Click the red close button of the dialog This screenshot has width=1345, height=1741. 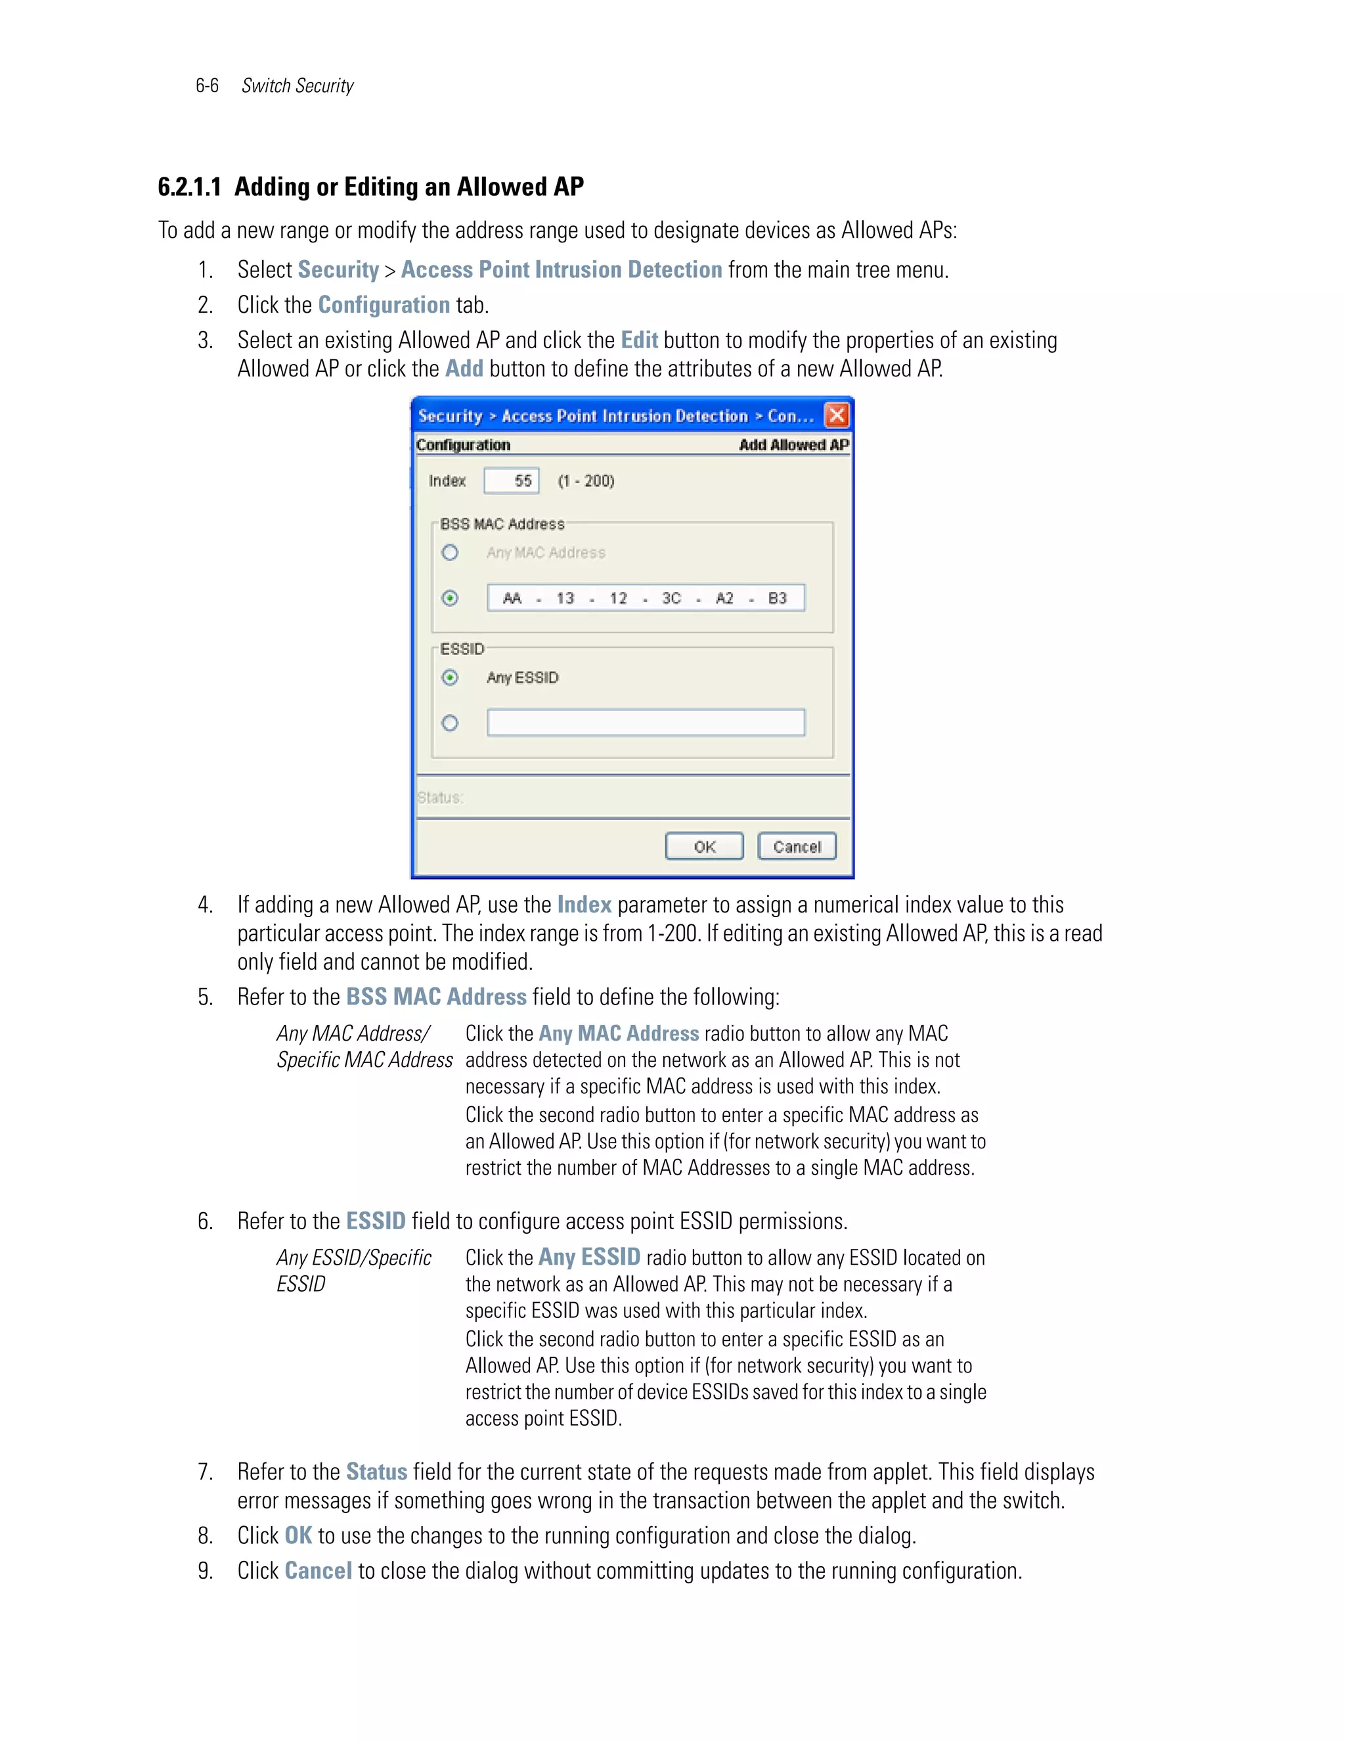pyautogui.click(x=836, y=415)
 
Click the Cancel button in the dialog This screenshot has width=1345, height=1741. pyautogui.click(x=796, y=847)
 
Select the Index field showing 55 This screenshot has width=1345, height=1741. pyautogui.click(x=512, y=481)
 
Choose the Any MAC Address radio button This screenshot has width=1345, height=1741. pyautogui.click(x=450, y=553)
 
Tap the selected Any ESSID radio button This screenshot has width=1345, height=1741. pyautogui.click(x=450, y=677)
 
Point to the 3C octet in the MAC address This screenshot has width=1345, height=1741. pyautogui.click(x=671, y=598)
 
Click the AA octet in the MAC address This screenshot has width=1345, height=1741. pyautogui.click(x=512, y=598)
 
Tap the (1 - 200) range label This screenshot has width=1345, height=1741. pyautogui.click(x=586, y=481)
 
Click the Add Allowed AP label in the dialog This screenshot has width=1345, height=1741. pyautogui.click(x=793, y=445)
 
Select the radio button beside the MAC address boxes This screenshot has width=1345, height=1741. pyautogui.click(x=450, y=598)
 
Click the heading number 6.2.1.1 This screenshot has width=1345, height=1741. pyautogui.click(x=190, y=187)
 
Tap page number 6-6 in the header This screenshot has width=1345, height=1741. pyautogui.click(x=207, y=86)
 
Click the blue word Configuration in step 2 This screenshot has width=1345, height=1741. pyautogui.click(x=384, y=305)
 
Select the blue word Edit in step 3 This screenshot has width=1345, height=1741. pyautogui.click(x=639, y=340)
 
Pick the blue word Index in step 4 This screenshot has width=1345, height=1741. pyautogui.click(x=584, y=905)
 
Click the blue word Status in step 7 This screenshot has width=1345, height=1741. pyautogui.click(x=376, y=1472)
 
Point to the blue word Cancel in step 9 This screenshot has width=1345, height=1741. pyautogui.click(x=318, y=1570)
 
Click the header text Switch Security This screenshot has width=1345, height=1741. pyautogui.click(x=298, y=86)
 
